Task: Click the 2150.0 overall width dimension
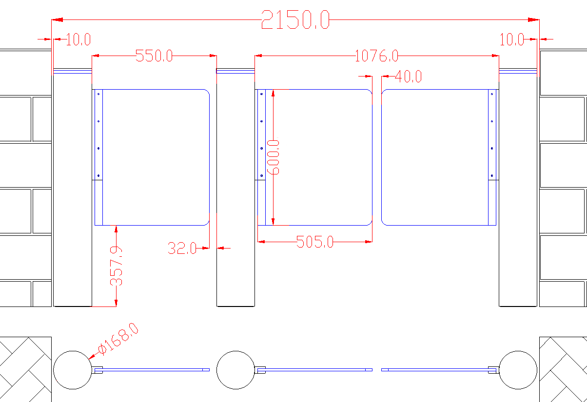295,19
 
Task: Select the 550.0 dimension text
154,56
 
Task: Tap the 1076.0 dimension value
376,56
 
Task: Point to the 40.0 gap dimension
408,76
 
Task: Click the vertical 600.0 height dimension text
273,157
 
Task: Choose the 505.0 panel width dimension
315,242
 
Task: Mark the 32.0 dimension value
182,248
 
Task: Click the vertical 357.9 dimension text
116,266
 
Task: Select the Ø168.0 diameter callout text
118,339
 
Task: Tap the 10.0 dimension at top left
78,39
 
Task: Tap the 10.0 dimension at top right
512,39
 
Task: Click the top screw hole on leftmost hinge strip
98,94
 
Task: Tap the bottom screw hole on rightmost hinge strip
492,175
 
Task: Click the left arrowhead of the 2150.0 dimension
57,19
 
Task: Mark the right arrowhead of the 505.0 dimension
369,242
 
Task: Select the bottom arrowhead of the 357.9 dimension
116,303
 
